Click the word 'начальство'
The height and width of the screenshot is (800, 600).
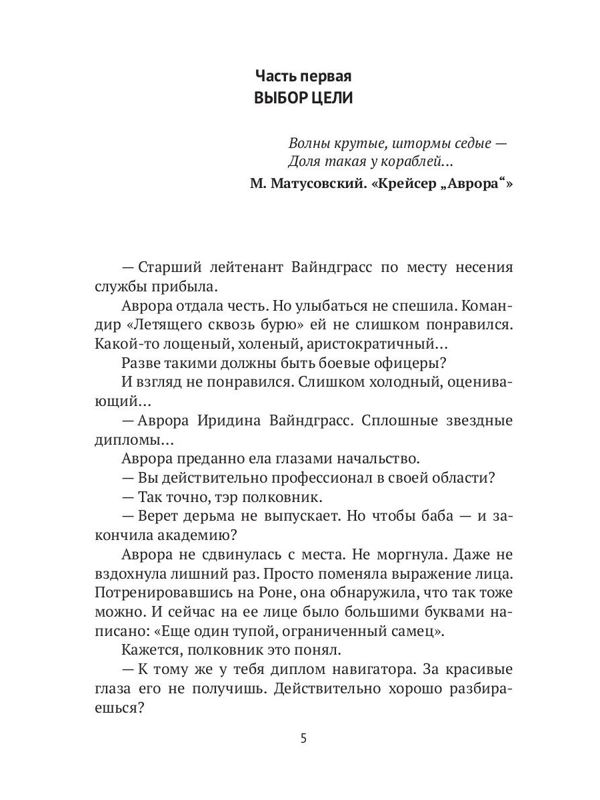pyautogui.click(x=374, y=459)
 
